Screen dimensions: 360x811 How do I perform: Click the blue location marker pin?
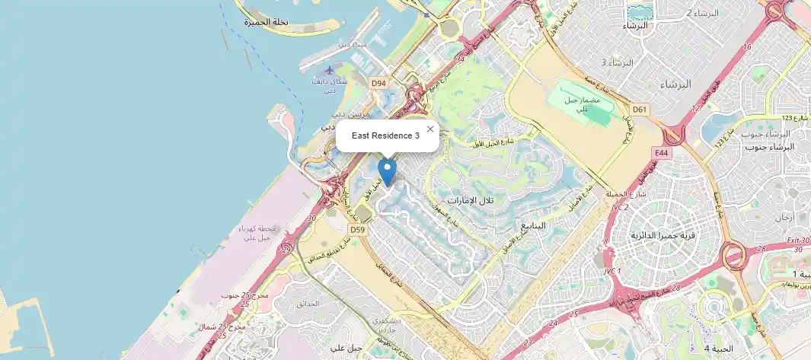coord(388,171)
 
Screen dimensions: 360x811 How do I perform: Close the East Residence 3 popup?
coord(430,129)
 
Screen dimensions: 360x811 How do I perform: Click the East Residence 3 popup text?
coord(385,135)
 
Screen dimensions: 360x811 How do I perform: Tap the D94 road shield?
coord(378,82)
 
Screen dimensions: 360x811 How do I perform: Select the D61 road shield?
coord(640,110)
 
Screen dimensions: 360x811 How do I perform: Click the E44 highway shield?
coord(661,153)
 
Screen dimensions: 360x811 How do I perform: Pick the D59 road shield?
coord(358,228)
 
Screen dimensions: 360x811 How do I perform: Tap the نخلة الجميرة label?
coord(267,23)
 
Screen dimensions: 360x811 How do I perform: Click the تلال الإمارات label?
coord(471,200)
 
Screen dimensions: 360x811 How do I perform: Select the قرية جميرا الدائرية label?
coord(665,235)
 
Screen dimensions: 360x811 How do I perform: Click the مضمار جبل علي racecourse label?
coord(583,104)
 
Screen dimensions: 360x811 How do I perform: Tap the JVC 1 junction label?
coord(613,272)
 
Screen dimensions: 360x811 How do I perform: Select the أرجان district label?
coord(784,217)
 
